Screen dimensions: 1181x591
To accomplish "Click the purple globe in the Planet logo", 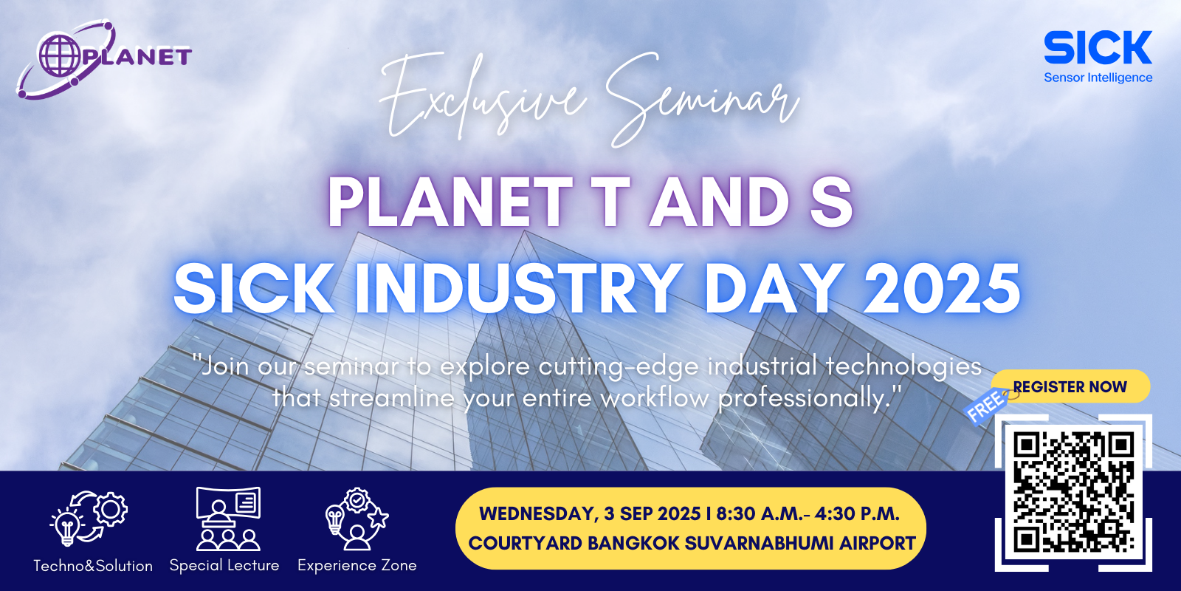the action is pos(61,55).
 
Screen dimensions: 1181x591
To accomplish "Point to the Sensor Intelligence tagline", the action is pos(1098,78).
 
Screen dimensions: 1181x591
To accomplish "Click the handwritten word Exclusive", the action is pos(483,95).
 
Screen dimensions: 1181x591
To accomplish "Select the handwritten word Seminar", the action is pos(701,98).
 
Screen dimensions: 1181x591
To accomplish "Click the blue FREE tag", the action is pos(985,406).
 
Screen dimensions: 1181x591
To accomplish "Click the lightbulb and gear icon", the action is pos(89,518).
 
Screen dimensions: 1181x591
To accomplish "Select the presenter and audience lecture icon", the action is pos(228,519).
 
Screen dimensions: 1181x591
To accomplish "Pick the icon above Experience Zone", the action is pos(357,519).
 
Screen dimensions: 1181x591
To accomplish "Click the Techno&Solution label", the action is pos(93,566).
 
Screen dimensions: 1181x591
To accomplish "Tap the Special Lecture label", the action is pos(224,566).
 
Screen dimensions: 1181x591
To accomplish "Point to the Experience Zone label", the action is pos(357,566).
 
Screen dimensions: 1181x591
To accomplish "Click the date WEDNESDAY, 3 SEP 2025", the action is pos(590,514).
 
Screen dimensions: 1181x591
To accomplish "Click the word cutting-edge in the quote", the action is pos(618,367).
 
